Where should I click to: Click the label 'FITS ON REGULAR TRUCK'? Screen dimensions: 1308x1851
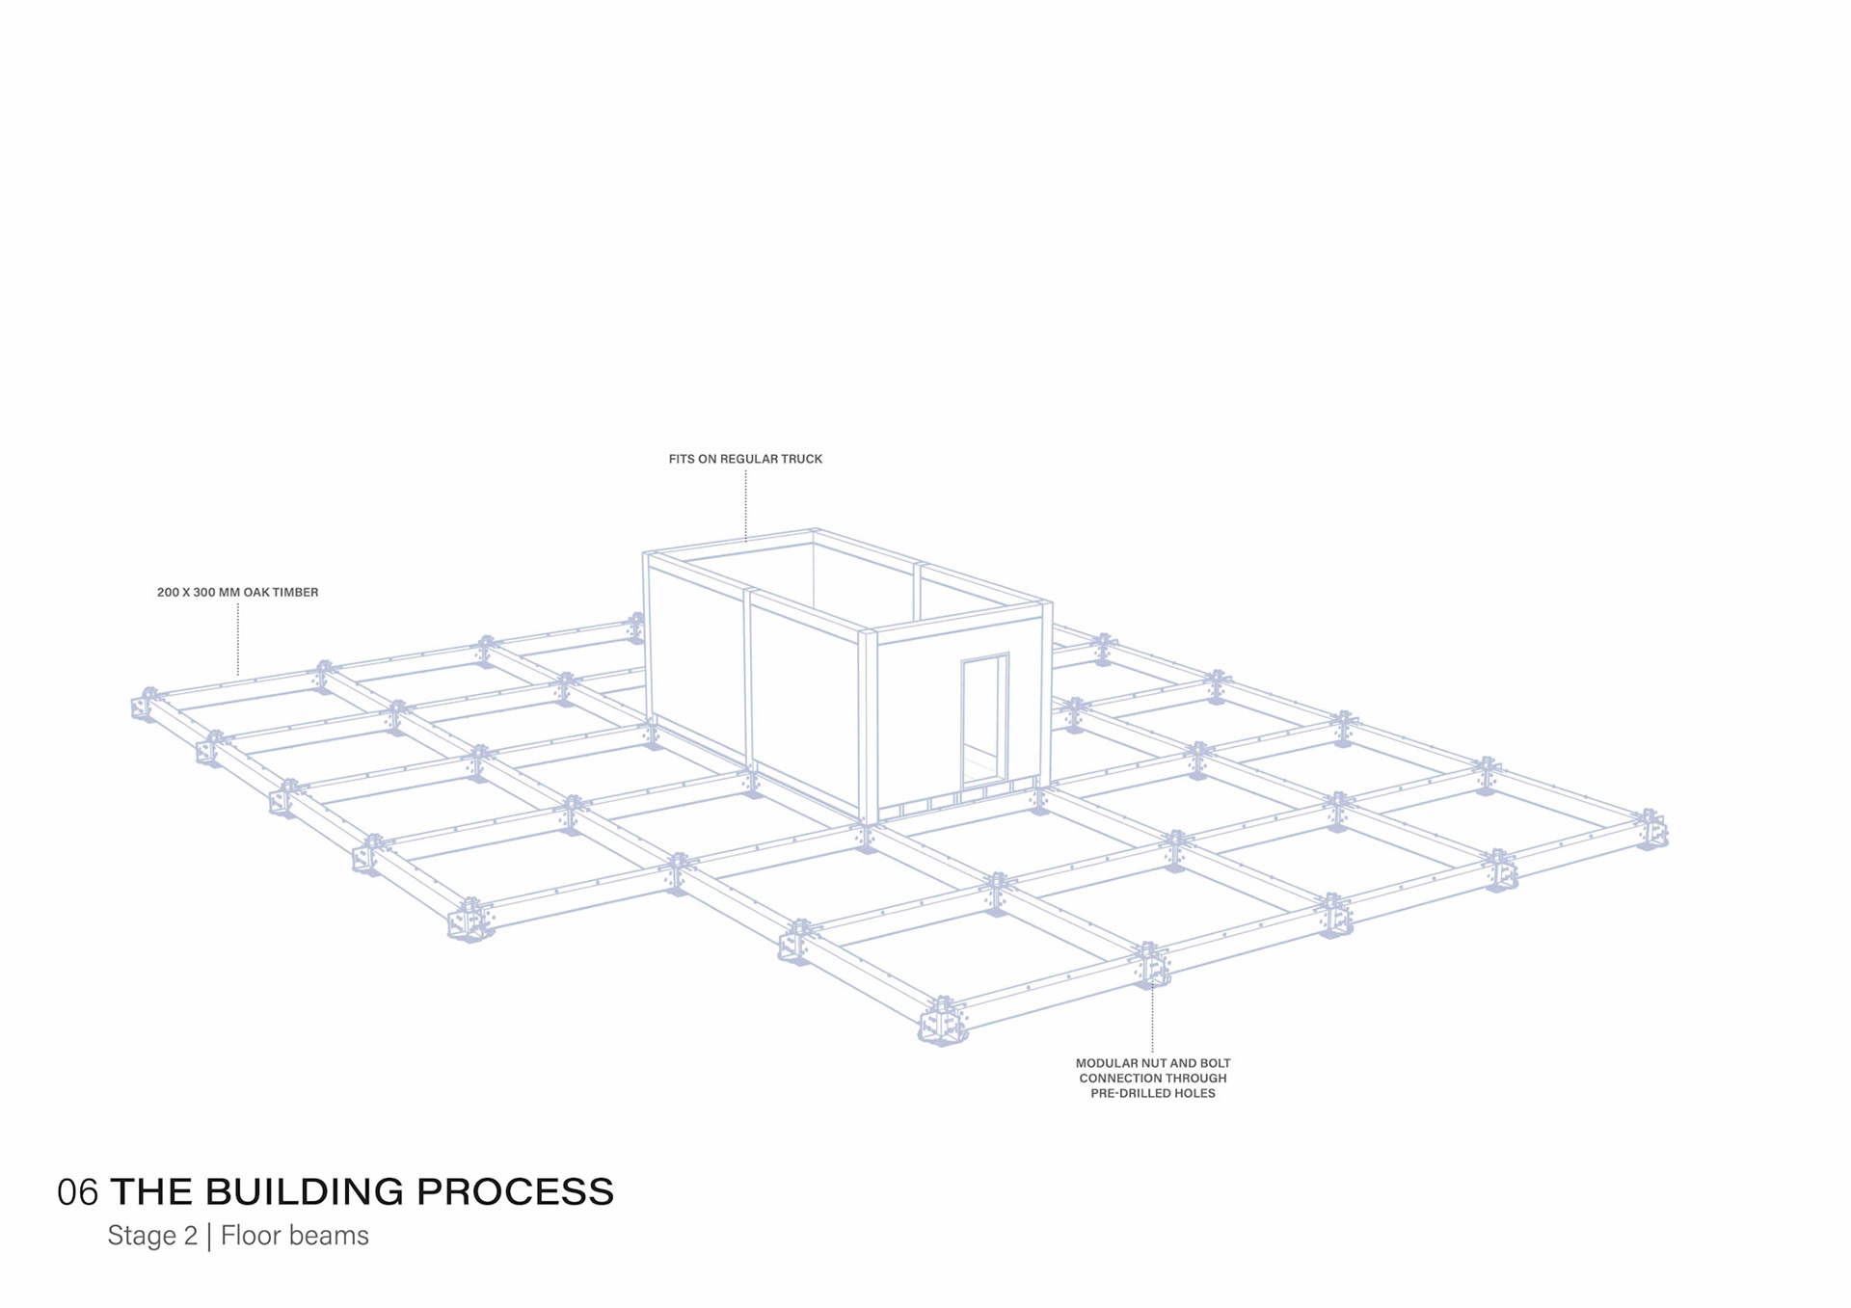click(745, 459)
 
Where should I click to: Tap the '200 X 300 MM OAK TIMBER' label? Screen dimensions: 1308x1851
click(237, 592)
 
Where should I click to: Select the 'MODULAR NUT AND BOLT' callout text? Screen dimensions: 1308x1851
click(1153, 1063)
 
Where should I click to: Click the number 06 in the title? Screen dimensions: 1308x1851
click(77, 1192)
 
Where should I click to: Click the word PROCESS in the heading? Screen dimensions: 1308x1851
click(515, 1192)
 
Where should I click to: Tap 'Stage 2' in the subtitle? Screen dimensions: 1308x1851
click(152, 1236)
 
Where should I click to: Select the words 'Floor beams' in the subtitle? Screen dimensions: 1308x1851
click(294, 1236)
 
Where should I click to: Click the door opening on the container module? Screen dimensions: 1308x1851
click(983, 718)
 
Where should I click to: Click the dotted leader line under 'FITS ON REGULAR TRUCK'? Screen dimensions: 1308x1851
click(745, 505)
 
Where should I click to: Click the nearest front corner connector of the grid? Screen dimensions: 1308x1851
click(943, 1022)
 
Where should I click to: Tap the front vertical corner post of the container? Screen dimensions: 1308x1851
click(868, 728)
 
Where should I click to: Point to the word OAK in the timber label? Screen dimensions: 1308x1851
click(255, 592)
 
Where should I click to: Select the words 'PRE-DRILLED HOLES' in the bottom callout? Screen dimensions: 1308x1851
click(1153, 1093)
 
